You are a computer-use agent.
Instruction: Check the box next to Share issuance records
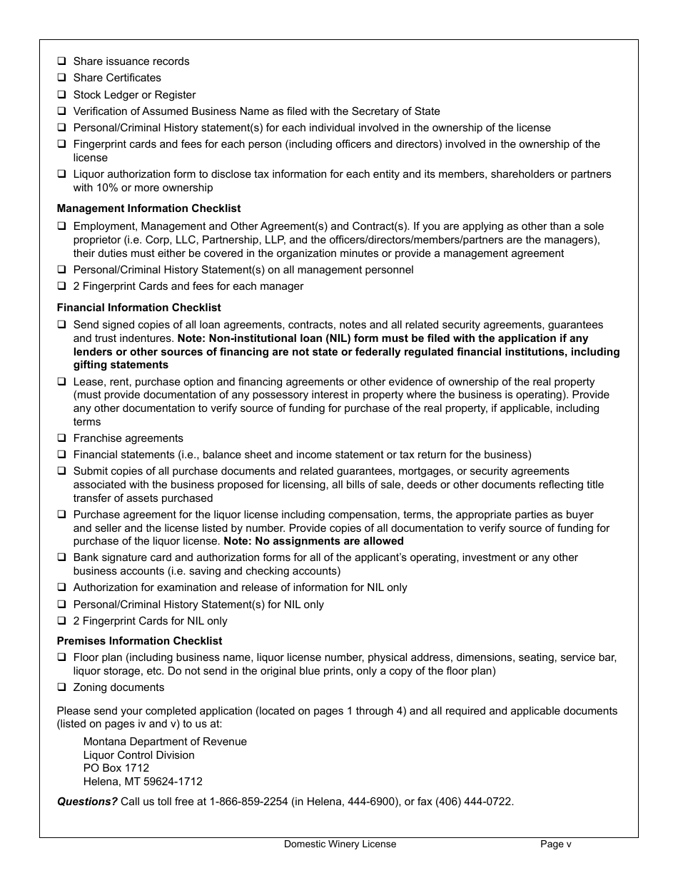61,61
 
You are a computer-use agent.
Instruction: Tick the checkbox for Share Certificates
61,78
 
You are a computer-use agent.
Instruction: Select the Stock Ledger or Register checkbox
61,95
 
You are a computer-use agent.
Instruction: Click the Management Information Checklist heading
148,208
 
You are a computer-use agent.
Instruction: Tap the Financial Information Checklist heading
138,308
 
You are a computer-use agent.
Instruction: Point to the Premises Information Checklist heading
139,641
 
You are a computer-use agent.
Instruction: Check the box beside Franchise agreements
61,438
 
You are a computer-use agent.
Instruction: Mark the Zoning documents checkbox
61,687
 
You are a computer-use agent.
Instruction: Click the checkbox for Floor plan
61,657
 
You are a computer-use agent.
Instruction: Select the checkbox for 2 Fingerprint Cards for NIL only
61,621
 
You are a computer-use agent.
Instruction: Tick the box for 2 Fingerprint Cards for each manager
61,286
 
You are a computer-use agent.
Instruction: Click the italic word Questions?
87,802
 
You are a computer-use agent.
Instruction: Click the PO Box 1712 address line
116,768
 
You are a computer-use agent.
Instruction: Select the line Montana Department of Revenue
165,742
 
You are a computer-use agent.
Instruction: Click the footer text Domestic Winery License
340,844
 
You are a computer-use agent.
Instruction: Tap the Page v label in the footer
555,844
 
